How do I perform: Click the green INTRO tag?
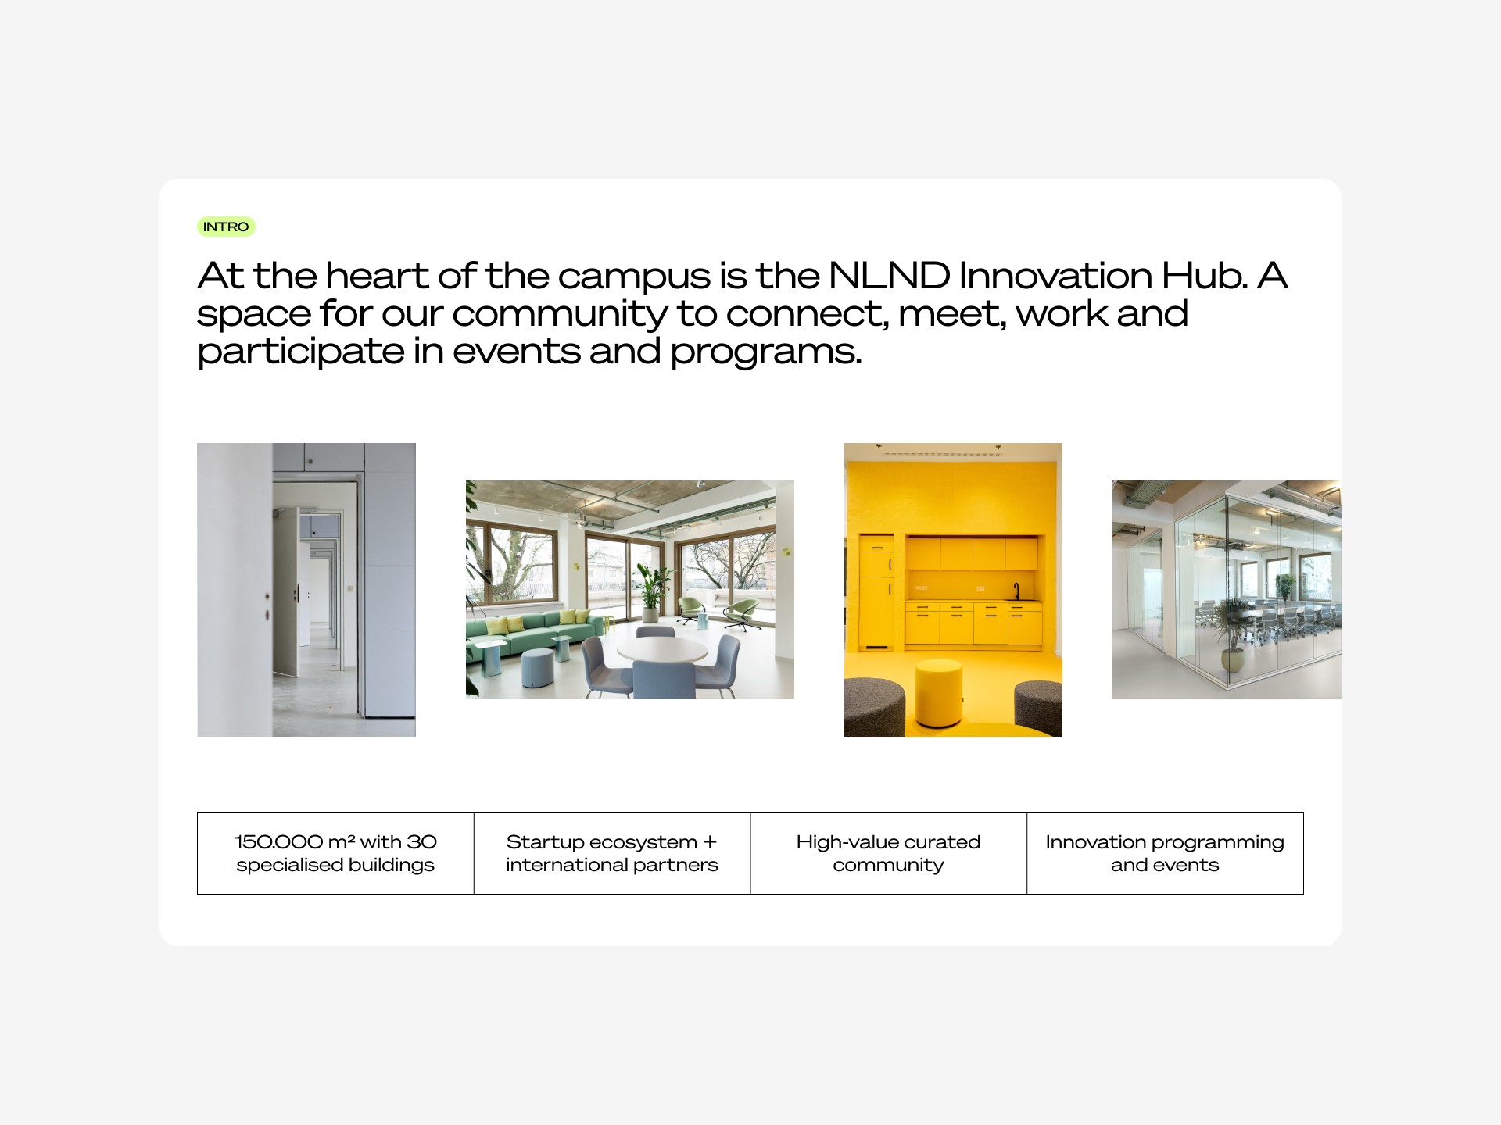coord(226,227)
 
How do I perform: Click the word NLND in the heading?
coord(888,276)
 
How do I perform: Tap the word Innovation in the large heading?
coord(1055,276)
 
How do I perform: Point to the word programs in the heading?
coord(765,352)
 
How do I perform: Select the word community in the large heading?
coord(560,315)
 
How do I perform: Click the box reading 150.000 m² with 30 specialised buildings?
coord(335,853)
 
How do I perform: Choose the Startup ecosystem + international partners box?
coord(612,853)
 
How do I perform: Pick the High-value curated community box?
coord(888,853)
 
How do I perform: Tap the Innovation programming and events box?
coord(1165,853)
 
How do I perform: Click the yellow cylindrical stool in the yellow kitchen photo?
coord(939,693)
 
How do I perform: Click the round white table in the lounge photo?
coord(661,649)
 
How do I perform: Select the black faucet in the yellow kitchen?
coord(1016,591)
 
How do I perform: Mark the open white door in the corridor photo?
coord(286,591)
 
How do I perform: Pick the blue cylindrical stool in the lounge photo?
coord(537,670)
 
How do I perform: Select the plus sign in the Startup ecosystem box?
coord(710,842)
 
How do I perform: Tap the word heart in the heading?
coord(377,276)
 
